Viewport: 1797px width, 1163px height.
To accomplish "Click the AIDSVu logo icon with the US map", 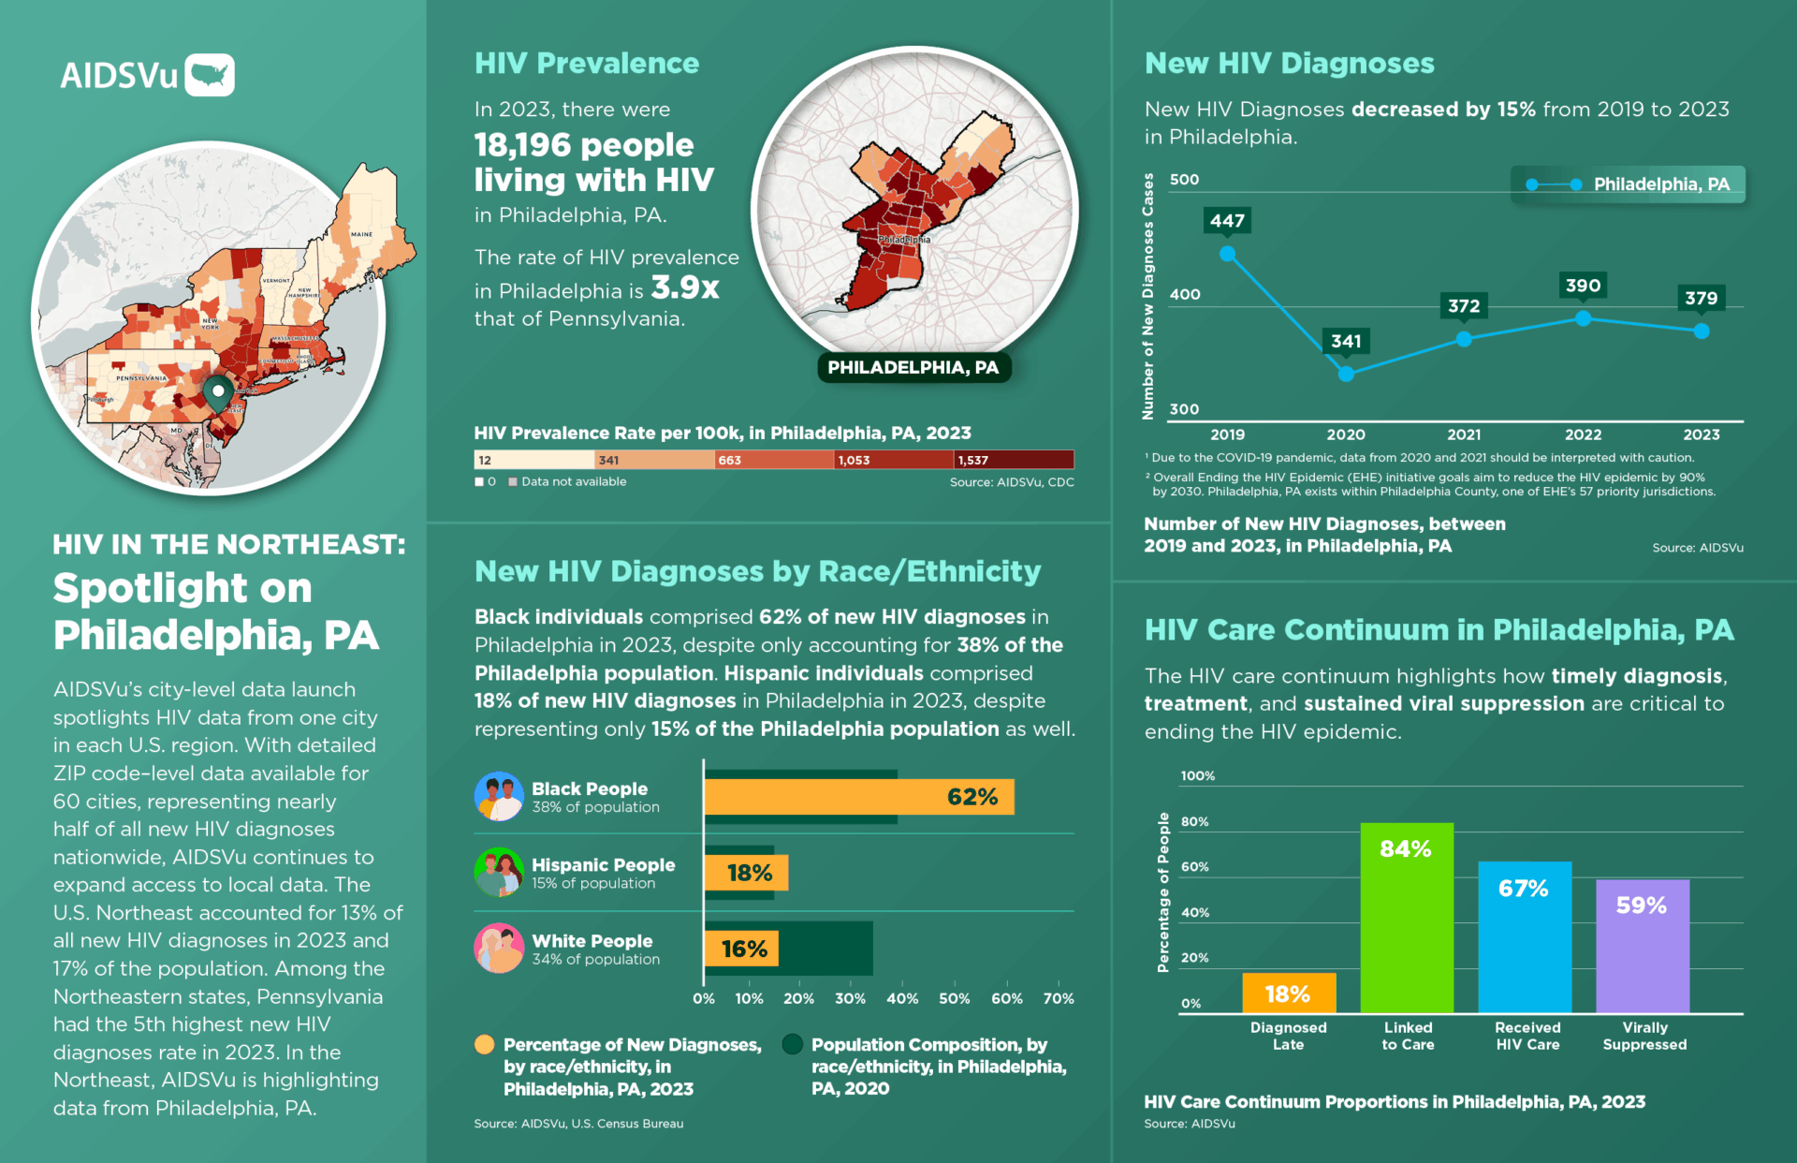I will (x=210, y=75).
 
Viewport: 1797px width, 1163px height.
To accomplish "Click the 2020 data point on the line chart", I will (x=1346, y=374).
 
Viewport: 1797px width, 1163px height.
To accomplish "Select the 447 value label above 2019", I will (x=1227, y=221).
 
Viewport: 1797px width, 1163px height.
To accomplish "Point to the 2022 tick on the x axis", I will (x=1583, y=434).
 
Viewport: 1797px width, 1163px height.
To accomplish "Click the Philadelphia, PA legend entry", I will (x=1629, y=184).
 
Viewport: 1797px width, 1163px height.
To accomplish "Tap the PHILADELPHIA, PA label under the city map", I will (x=913, y=367).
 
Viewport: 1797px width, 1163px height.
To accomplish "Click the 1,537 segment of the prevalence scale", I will (x=1014, y=460).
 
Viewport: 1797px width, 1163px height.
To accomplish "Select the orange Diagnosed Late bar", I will (x=1288, y=993).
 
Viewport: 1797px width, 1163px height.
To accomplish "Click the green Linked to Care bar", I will (x=1406, y=918).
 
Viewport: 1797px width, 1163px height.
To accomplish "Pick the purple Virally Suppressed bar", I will (x=1642, y=946).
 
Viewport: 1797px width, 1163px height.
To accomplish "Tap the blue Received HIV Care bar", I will (x=1524, y=936).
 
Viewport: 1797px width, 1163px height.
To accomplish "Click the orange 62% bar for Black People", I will (x=858, y=797).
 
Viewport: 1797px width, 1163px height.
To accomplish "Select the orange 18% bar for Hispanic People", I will (x=746, y=873).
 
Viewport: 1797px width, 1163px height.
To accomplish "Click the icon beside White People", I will (x=499, y=949).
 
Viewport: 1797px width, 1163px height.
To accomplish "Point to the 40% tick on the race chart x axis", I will (x=902, y=998).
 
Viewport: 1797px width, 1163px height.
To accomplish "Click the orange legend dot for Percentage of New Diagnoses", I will (x=485, y=1045).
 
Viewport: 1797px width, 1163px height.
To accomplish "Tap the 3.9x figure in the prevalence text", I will (x=685, y=288).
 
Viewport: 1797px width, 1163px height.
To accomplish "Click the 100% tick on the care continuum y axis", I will (x=1197, y=776).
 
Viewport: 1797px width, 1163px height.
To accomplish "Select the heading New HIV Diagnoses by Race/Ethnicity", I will (x=757, y=571).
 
